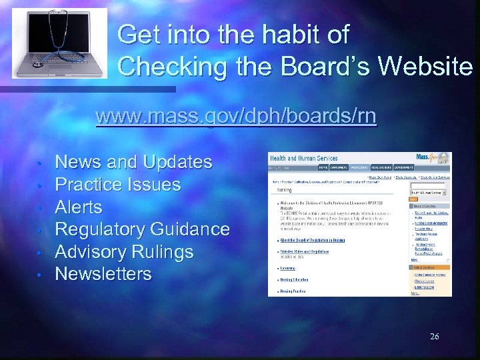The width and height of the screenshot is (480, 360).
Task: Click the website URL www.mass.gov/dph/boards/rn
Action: [236, 117]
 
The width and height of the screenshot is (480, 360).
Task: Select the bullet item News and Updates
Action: [133, 162]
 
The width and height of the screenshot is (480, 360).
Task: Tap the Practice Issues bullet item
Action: [117, 185]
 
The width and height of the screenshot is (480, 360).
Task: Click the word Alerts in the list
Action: [78, 207]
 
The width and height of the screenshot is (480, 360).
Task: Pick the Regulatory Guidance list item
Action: [142, 229]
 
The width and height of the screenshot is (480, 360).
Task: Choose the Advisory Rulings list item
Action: [124, 252]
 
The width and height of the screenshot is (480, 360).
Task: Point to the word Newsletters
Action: [103, 274]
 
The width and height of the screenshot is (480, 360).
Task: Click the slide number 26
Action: [434, 337]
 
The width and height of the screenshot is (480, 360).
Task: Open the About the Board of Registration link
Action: [317, 241]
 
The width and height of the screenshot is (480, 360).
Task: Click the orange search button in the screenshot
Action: [413, 199]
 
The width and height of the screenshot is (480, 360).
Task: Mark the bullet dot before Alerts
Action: [41, 208]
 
